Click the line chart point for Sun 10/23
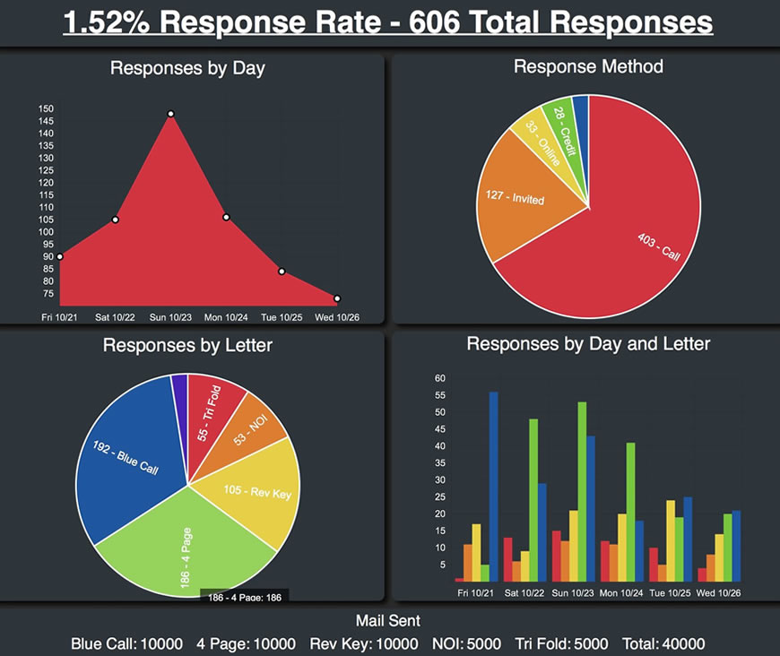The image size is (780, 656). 170,114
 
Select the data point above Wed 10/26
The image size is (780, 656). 337,298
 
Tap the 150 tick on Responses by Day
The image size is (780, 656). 47,109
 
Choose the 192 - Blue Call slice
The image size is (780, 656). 126,466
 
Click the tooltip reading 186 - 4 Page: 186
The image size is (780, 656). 245,597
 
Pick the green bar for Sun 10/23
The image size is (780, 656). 582,492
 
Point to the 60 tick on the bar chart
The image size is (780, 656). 439,378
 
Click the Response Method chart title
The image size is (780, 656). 588,66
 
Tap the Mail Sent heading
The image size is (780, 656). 387,620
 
